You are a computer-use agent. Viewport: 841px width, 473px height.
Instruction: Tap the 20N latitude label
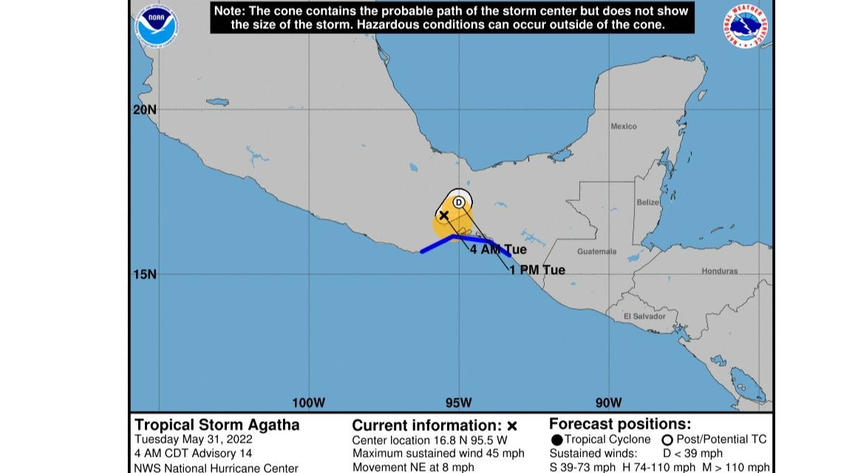(x=145, y=109)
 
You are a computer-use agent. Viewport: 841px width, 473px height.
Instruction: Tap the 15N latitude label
(x=145, y=274)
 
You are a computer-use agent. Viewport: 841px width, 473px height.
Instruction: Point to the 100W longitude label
(x=308, y=403)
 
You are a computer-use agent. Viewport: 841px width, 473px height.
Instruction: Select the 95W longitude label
(x=458, y=403)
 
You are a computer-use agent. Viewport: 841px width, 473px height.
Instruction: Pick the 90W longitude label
(x=608, y=403)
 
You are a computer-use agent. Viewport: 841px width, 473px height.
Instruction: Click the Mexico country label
(x=623, y=126)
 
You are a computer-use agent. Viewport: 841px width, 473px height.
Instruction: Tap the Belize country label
(x=647, y=203)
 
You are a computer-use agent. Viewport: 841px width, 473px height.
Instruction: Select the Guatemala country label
(x=596, y=251)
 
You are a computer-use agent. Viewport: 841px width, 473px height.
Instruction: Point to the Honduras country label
(x=719, y=271)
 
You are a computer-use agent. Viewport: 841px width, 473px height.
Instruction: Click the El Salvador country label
(x=644, y=316)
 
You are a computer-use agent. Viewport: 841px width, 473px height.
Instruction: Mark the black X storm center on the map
(x=444, y=215)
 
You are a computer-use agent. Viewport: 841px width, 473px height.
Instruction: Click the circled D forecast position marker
(x=459, y=202)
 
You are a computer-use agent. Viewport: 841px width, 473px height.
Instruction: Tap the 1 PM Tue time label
(x=537, y=270)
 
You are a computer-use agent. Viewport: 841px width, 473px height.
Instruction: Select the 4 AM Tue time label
(x=498, y=250)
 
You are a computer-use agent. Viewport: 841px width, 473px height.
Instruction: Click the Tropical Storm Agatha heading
(x=217, y=425)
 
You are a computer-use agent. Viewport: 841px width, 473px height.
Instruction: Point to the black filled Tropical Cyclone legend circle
(x=556, y=440)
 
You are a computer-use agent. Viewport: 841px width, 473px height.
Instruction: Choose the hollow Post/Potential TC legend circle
(x=667, y=440)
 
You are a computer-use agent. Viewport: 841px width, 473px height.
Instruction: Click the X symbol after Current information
(x=512, y=426)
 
